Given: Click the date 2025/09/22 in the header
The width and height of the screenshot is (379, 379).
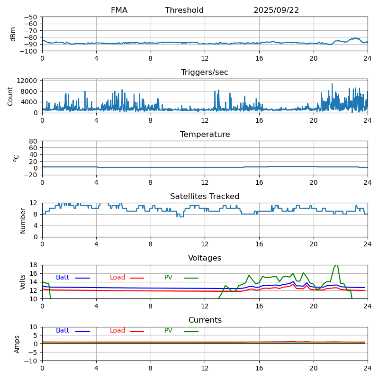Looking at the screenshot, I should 276,10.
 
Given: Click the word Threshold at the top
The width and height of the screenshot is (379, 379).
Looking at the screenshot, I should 184,10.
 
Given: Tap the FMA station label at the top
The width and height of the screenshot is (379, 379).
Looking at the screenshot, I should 119,10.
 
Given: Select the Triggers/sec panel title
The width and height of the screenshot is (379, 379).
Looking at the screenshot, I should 205,72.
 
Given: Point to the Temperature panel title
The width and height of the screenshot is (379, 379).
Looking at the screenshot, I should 205,135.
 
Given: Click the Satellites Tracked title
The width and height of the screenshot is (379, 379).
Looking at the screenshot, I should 205,197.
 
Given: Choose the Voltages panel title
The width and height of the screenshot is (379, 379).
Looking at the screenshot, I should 205,258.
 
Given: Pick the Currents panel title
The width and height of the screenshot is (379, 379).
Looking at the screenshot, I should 205,320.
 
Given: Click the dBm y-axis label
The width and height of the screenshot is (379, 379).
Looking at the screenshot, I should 13,34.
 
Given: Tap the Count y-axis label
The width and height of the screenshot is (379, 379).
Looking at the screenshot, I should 10,96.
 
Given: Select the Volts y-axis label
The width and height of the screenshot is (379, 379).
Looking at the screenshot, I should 23,282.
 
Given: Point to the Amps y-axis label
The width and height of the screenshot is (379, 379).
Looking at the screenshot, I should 17,344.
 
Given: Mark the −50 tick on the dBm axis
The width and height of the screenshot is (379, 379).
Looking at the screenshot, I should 32,17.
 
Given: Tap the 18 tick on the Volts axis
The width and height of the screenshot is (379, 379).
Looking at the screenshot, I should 35,265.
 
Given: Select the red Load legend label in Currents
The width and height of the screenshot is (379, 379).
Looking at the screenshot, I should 117,331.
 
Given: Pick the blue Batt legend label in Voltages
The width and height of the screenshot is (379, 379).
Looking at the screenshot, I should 63,278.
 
